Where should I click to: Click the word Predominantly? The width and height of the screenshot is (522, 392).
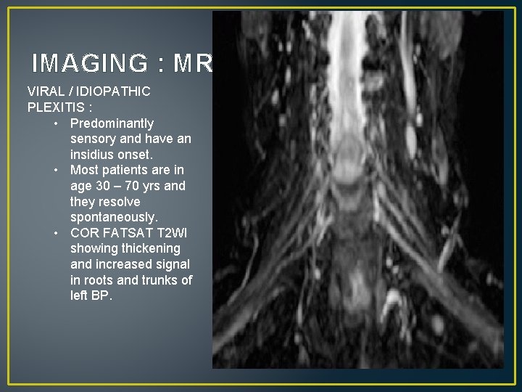112,123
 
